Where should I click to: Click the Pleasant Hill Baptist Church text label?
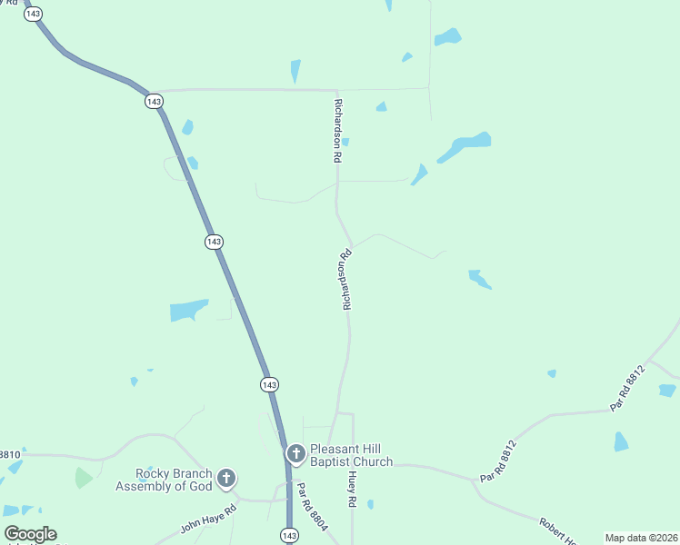pyautogui.click(x=351, y=455)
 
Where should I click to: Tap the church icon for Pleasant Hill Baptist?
pyautogui.click(x=295, y=453)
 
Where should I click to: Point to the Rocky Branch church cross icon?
pyautogui.click(x=226, y=478)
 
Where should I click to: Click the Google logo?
pyautogui.click(x=30, y=534)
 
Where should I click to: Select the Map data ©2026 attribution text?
pyautogui.click(x=641, y=538)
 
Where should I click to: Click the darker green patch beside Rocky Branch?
pyautogui.click(x=84, y=477)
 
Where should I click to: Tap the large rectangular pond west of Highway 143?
pyautogui.click(x=189, y=311)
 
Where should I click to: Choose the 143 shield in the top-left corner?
pyautogui.click(x=34, y=14)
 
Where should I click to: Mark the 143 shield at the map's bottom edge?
pyautogui.click(x=288, y=535)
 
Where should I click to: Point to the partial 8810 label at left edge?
pyautogui.click(x=9, y=454)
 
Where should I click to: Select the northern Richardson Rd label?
pyautogui.click(x=337, y=131)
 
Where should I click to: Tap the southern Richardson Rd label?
pyautogui.click(x=345, y=281)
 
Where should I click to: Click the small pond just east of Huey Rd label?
pyautogui.click(x=370, y=504)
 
